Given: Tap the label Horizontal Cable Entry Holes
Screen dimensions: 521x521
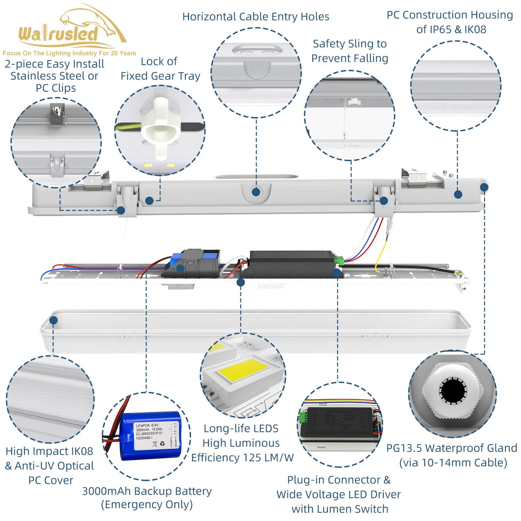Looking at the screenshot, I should click(256, 17).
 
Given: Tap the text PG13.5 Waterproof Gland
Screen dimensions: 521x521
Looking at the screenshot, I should click(452, 448).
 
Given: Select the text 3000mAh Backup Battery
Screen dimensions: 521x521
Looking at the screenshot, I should click(147, 491).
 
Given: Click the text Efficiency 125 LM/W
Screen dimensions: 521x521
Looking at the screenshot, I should click(242, 458).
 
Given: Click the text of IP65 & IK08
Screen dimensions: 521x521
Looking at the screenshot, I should click(451, 30).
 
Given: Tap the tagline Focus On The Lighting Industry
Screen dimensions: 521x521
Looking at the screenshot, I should click(69, 53).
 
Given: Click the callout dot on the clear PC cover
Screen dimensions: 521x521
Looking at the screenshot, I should click(53, 320).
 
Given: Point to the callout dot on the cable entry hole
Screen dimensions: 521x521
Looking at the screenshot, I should click(256, 192).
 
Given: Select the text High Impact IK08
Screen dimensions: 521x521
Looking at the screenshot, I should click(49, 451).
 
